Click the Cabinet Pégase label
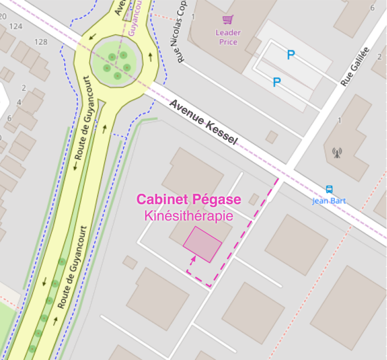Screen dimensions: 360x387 (x=189, y=200)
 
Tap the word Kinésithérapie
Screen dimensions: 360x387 (x=189, y=216)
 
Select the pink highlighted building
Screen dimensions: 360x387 (x=202, y=244)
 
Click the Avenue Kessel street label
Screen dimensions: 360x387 (x=203, y=122)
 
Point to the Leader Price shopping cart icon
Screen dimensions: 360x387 (x=228, y=20)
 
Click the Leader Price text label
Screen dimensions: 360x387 (x=227, y=37)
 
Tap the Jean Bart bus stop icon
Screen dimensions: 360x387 (x=329, y=190)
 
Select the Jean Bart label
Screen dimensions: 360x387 (x=329, y=201)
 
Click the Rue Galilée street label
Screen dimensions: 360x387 (x=355, y=66)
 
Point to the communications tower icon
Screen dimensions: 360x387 (x=337, y=153)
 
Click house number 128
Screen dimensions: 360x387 (x=41, y=41)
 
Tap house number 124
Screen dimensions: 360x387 (x=16, y=26)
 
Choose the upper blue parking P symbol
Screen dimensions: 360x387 (x=291, y=55)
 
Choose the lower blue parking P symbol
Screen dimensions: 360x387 (x=277, y=82)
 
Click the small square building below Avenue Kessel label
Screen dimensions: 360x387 (x=272, y=137)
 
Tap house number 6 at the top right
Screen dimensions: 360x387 (x=372, y=8)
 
